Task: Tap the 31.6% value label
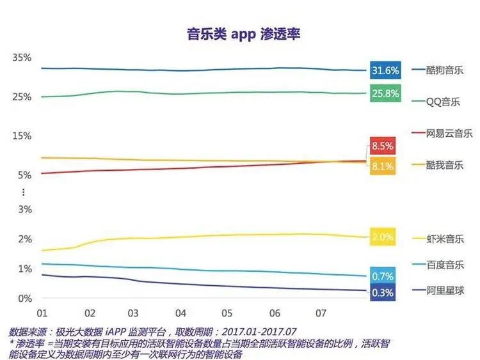click(385, 70)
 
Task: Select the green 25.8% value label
click(385, 94)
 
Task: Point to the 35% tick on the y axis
click(22, 58)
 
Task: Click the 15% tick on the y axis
click(22, 136)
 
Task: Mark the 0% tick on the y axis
click(24, 299)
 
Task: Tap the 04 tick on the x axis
click(181, 314)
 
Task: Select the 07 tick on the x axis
click(321, 314)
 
